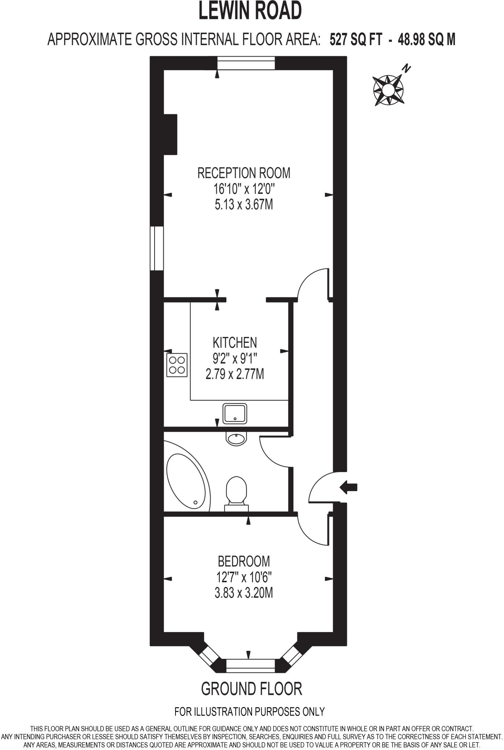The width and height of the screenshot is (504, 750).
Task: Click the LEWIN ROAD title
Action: coord(250,11)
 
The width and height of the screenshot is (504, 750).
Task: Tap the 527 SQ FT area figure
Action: coord(356,39)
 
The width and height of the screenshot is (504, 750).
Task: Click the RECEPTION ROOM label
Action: coord(244,173)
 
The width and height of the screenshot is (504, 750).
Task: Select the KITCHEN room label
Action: coord(235,342)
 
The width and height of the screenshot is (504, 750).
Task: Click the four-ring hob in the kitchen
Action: coord(177,365)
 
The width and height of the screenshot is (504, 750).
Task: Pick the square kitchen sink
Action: coord(235,413)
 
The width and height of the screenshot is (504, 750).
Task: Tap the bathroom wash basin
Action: coord(237,438)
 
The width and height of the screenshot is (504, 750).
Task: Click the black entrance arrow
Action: coord(348,487)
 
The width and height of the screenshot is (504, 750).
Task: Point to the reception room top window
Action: coord(246,63)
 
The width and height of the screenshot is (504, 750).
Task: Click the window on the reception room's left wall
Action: coord(157,248)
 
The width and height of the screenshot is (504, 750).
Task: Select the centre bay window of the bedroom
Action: coord(250,665)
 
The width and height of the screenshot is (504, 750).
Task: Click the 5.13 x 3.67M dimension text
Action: coord(244,205)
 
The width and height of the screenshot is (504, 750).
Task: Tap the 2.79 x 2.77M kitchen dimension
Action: coord(235,374)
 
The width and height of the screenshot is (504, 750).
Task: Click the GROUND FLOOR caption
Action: coord(252,689)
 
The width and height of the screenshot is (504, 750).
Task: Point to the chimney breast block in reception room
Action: coord(170,134)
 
